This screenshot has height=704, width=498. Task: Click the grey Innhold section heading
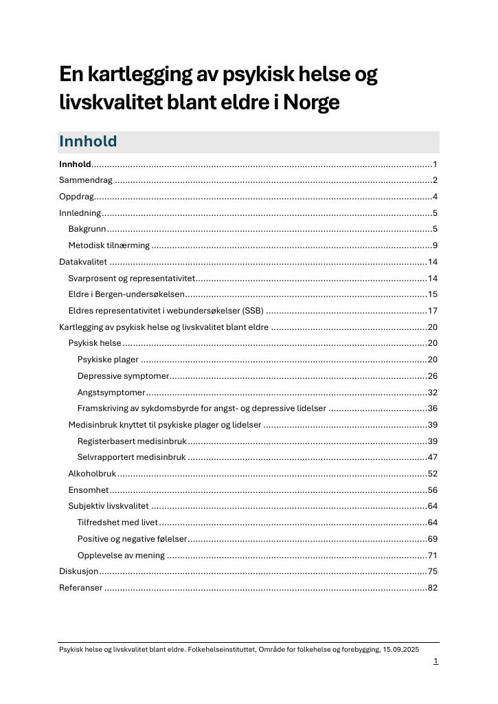(x=88, y=142)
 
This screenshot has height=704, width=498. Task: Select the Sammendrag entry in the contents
(x=85, y=180)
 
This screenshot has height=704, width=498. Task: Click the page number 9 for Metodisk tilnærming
(x=435, y=245)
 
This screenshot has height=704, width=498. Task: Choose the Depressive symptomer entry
(x=123, y=376)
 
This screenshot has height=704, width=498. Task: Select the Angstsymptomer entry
(x=111, y=393)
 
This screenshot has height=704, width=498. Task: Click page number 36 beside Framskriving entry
(x=433, y=408)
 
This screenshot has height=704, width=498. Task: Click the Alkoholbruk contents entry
(x=92, y=474)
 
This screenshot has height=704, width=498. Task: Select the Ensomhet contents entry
(x=89, y=490)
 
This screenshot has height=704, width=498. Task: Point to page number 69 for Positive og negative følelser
(x=433, y=539)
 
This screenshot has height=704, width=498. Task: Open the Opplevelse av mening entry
(x=121, y=555)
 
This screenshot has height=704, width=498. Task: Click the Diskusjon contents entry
(x=79, y=571)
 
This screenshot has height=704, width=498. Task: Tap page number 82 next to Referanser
(x=433, y=588)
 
